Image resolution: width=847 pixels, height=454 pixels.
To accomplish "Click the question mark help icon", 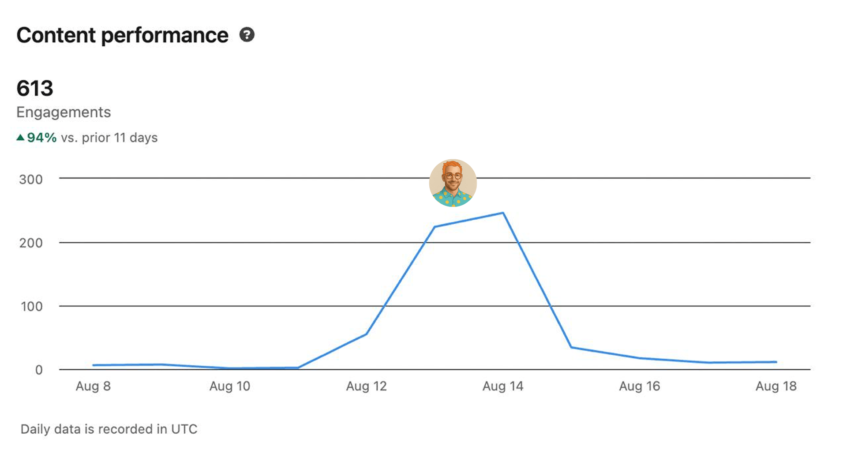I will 247,34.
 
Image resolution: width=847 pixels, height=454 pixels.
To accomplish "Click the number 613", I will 35,88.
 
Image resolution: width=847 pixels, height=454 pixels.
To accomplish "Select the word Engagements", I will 64,113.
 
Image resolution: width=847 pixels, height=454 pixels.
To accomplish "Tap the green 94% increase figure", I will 42,138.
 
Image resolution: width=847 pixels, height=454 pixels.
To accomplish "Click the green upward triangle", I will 20,138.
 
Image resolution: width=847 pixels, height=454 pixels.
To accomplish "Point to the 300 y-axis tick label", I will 31,180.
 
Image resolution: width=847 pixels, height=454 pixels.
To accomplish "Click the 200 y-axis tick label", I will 31,243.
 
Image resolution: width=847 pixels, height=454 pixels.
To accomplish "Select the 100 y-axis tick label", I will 32,307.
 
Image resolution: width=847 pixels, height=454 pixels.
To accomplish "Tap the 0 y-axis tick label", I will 39,370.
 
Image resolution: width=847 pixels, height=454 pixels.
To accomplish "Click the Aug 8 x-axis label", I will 93,386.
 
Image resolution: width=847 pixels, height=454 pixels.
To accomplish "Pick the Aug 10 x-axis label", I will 229,386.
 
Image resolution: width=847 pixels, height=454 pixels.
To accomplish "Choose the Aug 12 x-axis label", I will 366,386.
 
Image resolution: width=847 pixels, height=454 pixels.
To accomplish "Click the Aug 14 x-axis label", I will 503,386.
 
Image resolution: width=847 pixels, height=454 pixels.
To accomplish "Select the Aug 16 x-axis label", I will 639,386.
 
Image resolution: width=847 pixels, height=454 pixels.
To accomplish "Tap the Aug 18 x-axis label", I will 776,386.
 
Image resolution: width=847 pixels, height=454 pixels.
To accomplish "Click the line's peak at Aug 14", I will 503,213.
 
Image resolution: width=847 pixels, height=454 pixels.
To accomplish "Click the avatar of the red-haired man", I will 453,183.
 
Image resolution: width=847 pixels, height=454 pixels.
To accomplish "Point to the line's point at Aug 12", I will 366,334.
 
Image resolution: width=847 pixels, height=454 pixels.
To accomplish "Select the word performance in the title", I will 165,35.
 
